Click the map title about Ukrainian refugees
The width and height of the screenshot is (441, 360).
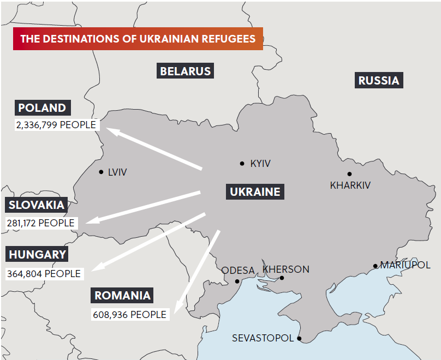(138, 39)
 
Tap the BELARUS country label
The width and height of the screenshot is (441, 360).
(185, 71)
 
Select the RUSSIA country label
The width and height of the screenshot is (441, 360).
(379, 81)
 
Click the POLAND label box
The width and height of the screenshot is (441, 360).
(42, 107)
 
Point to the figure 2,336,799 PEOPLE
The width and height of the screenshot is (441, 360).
(56, 125)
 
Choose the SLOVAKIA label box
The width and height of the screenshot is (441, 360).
(37, 205)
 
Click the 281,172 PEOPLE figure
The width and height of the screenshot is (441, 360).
(40, 223)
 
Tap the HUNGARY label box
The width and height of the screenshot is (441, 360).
(37, 254)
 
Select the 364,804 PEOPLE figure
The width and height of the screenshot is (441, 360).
(43, 273)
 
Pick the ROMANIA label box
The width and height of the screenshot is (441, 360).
(122, 296)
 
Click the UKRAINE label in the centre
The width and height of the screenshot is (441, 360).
(255, 191)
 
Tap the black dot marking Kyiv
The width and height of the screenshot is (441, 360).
(242, 163)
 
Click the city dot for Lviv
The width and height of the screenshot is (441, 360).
(101, 172)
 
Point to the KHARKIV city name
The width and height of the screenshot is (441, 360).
(350, 185)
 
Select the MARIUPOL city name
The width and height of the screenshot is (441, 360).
(405, 265)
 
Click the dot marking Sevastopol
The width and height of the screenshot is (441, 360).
(299, 339)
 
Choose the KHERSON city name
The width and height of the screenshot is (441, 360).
(286, 269)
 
